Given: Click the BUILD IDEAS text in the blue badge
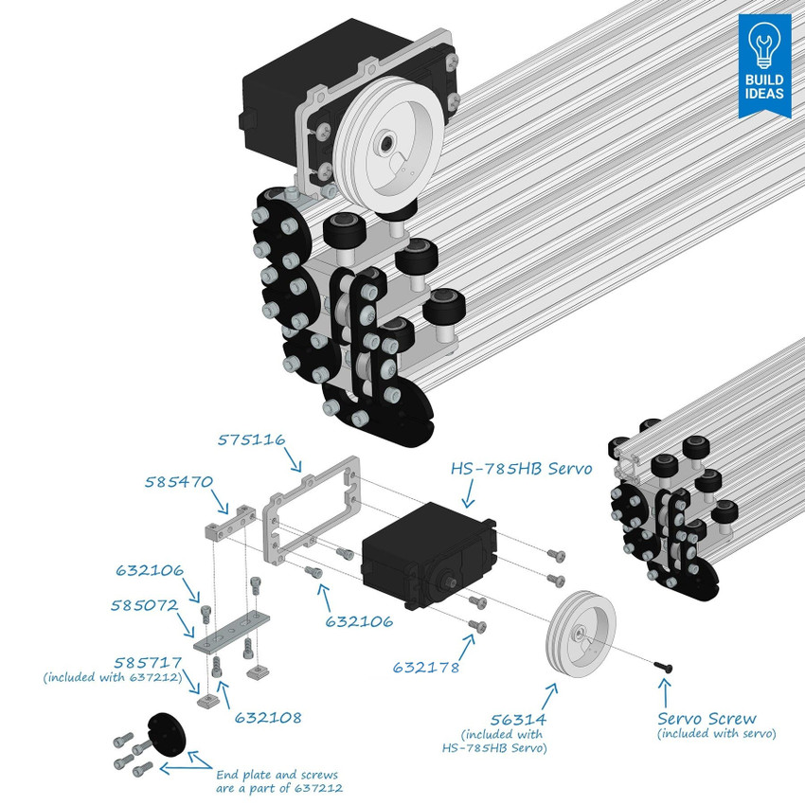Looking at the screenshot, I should pos(763,87).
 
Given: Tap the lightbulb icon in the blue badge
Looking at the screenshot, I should pos(763,44).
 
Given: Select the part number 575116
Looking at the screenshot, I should pos(251,440).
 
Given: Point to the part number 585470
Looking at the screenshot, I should pos(178,481).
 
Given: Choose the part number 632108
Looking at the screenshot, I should pos(268,718).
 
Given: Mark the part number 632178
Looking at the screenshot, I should pos(426,668).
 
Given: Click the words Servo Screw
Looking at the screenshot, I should pos(707,719).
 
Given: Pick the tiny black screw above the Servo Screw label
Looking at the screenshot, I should pos(666,669).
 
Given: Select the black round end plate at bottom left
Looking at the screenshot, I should pos(167,733).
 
